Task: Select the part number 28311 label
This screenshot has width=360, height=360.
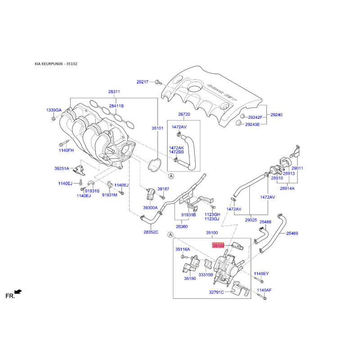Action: click(x=114, y=92)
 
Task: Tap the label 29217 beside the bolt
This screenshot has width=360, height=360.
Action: click(x=143, y=82)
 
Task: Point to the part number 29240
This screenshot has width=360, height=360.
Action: click(x=276, y=115)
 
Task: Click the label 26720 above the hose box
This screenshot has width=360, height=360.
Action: click(x=184, y=114)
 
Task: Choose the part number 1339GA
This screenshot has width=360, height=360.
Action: click(x=54, y=110)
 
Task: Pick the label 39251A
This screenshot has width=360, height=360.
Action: click(x=62, y=169)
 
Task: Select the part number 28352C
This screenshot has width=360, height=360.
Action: click(x=152, y=232)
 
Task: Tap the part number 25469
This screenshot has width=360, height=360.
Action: click(x=292, y=234)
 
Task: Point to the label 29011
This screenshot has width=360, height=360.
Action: click(x=297, y=168)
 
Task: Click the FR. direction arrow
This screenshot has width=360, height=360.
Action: click(x=18, y=292)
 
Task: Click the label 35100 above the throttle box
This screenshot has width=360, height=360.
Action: click(x=212, y=233)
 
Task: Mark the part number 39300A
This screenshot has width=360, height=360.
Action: click(x=150, y=208)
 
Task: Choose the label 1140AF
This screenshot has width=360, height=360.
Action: click(x=264, y=290)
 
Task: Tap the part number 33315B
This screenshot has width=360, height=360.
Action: click(x=206, y=274)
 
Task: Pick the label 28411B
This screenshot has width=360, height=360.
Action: click(x=116, y=106)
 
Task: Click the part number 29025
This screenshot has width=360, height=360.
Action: click(x=251, y=220)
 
